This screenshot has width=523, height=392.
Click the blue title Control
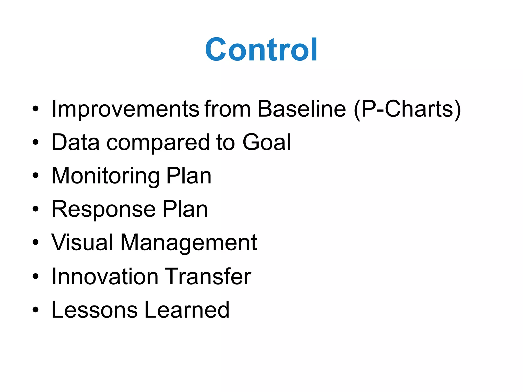point(261,50)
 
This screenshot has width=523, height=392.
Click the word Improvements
point(125,109)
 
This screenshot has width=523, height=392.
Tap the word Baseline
point(302,109)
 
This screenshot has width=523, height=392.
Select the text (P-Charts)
point(408,109)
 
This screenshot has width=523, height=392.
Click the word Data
point(76,142)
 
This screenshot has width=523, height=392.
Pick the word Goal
point(267,142)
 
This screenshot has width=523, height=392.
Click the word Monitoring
point(106,176)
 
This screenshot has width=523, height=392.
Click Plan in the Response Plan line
point(185,209)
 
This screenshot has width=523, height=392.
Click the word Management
point(188,243)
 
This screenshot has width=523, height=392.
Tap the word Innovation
point(105,277)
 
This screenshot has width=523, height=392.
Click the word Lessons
point(94,310)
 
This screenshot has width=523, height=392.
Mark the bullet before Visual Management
point(35,243)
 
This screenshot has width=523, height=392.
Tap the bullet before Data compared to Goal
point(35,142)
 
